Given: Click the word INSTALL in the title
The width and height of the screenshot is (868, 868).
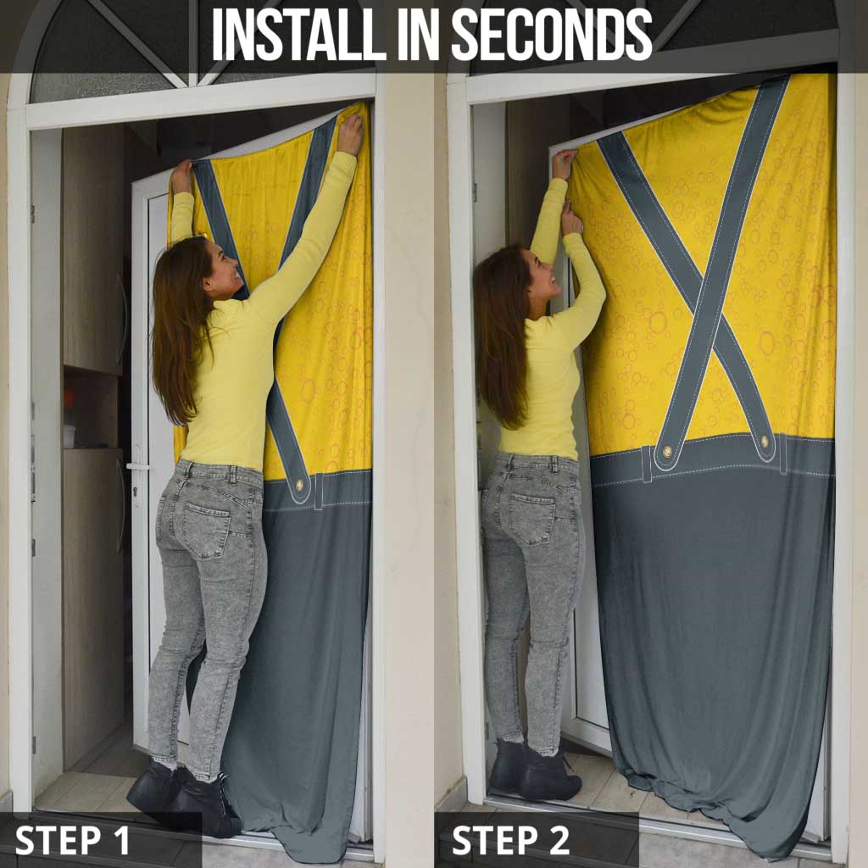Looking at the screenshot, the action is [x=298, y=34].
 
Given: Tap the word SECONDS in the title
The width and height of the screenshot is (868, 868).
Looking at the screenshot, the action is [x=552, y=34].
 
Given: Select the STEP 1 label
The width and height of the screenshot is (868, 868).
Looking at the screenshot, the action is [x=72, y=840].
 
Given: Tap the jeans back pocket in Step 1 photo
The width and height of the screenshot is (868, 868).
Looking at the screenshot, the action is [x=207, y=529].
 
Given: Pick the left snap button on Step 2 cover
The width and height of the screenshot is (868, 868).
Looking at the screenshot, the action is [x=667, y=451].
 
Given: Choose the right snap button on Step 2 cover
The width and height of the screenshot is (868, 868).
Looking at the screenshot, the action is [x=765, y=441].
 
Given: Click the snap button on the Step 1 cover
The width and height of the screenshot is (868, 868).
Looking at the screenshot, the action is [x=299, y=486].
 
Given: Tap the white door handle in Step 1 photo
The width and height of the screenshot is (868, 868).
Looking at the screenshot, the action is [x=138, y=467].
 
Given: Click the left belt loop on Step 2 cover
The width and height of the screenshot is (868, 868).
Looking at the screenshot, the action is [x=647, y=464].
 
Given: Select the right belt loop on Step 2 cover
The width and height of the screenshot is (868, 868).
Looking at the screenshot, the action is [x=783, y=454].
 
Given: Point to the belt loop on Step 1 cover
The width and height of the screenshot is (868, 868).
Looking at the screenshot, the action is [x=319, y=491].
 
